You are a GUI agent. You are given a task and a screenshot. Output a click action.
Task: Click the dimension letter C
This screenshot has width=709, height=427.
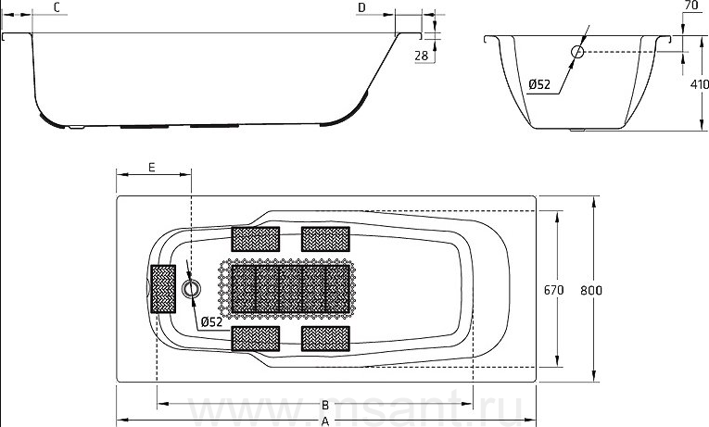(57, 7)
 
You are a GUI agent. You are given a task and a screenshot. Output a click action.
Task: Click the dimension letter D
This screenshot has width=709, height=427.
(361, 7)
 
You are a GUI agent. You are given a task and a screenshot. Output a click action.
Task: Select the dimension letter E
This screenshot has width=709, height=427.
(152, 167)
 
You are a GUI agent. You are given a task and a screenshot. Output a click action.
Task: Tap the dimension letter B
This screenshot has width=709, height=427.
(324, 405)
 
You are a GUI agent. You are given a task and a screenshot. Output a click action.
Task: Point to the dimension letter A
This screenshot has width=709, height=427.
(324, 421)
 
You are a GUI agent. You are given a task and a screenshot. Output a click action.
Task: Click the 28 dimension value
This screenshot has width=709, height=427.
(421, 56)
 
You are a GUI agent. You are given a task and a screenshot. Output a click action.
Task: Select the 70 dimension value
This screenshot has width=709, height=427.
(690, 6)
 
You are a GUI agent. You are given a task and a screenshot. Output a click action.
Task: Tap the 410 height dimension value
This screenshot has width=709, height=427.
(700, 84)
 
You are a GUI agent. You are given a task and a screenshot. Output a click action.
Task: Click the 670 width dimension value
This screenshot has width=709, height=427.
(553, 290)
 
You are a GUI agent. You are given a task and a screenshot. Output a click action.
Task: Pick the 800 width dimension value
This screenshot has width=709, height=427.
(591, 290)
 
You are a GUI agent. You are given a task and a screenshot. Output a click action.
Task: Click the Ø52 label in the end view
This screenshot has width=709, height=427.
(539, 84)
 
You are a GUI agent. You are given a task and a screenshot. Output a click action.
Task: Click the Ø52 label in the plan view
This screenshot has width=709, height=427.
(211, 321)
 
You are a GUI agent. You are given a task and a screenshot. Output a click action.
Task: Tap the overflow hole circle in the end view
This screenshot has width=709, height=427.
(577, 52)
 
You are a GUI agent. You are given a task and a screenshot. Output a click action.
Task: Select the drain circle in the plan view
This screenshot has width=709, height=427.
(191, 288)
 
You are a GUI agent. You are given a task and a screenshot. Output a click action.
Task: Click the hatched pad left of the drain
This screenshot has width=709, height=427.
(163, 289)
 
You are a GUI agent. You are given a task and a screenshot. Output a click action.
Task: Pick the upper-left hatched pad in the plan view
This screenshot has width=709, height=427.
(256, 239)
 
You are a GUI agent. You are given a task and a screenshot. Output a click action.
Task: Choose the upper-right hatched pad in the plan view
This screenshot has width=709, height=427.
(325, 239)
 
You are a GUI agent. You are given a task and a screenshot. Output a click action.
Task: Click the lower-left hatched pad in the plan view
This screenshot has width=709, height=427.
(256, 338)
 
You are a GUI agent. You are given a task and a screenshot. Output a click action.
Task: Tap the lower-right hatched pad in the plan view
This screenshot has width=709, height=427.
(325, 338)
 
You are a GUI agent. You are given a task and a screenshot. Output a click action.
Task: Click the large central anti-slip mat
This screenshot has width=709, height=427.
(286, 289)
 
